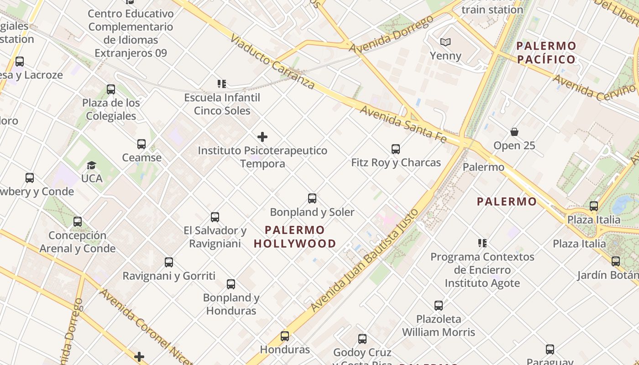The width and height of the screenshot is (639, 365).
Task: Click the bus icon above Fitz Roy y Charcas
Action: [x=396, y=149]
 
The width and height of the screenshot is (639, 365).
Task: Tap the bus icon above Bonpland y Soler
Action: [x=312, y=198]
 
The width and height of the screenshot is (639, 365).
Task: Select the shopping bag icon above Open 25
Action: [x=514, y=132]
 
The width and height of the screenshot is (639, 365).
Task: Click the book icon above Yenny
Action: [x=445, y=42]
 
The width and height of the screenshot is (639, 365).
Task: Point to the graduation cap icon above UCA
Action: [x=92, y=165]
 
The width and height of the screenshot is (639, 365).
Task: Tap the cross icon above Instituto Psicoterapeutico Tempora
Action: [x=262, y=137]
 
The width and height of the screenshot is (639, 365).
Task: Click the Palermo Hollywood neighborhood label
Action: [x=295, y=237]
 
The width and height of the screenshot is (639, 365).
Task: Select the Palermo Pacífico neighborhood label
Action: [x=546, y=52]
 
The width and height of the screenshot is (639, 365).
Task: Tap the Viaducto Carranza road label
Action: [x=273, y=61]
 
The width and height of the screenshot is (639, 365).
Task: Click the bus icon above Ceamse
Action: [x=141, y=144]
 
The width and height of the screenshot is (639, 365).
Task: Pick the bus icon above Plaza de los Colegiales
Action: [x=111, y=89]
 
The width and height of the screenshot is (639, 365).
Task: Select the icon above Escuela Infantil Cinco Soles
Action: [x=222, y=84]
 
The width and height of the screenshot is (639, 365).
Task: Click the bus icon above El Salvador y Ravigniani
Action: [x=215, y=217]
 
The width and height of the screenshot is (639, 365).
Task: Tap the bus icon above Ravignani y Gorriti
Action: [x=169, y=262]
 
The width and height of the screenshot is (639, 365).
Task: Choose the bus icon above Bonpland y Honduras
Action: [x=231, y=284]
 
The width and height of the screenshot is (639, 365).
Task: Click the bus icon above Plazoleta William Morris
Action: [x=439, y=306]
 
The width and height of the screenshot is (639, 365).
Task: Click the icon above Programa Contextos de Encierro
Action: [x=482, y=243]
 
